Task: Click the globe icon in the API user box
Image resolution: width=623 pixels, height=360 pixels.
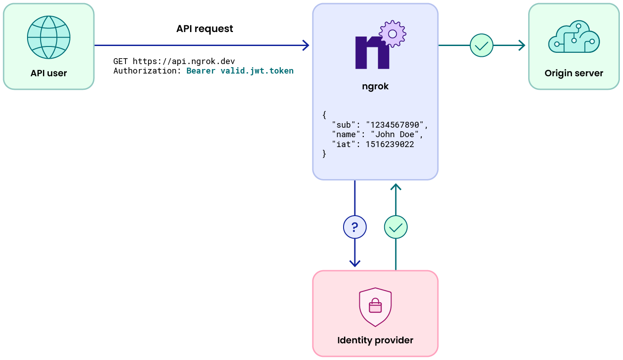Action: tap(49, 37)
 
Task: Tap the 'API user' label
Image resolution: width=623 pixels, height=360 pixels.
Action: tap(49, 73)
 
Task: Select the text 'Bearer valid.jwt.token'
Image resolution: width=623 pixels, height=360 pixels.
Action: tap(240, 71)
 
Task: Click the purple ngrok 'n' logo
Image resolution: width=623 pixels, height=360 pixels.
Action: tap(372, 52)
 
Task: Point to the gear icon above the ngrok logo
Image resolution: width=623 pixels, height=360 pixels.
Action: tap(392, 34)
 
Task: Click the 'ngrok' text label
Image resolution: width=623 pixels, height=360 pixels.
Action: tap(375, 87)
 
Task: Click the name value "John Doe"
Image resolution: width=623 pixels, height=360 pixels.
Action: tap(396, 134)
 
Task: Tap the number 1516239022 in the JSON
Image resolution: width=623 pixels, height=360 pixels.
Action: tap(390, 144)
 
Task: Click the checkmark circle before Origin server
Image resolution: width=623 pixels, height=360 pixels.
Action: tap(481, 45)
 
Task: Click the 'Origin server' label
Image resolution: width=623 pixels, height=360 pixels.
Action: tap(574, 73)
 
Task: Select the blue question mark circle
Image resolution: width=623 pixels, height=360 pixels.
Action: tap(355, 227)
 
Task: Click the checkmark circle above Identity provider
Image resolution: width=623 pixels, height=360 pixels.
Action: tap(396, 227)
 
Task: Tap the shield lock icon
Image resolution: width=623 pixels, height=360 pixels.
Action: tap(375, 307)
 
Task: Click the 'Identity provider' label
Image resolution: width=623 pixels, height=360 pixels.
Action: tap(375, 340)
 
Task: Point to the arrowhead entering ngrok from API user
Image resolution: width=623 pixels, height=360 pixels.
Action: tap(306, 45)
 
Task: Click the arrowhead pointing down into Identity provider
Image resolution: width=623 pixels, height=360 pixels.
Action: tap(355, 263)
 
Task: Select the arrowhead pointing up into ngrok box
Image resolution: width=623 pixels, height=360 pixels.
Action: tap(396, 187)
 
